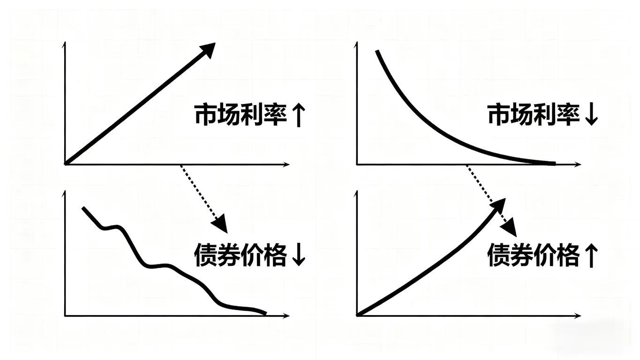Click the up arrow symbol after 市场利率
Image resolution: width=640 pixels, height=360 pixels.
pyautogui.click(x=298, y=115)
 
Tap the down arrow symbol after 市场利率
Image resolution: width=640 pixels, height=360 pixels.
pyautogui.click(x=592, y=115)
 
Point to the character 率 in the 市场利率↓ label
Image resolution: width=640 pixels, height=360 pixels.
pyautogui.click(x=568, y=115)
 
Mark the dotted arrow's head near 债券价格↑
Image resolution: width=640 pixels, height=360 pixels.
pyautogui.click(x=510, y=228)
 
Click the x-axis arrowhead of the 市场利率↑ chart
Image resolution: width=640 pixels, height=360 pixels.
pyautogui.click(x=287, y=165)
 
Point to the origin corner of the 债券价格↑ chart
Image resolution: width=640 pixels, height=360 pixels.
pyautogui.click(x=357, y=315)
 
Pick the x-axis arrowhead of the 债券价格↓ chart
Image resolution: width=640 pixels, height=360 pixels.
pyautogui.click(x=287, y=316)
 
